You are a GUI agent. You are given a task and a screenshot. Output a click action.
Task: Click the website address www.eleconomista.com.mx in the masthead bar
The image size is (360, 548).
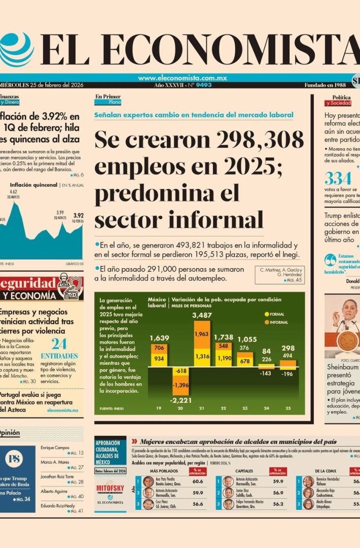(182, 78)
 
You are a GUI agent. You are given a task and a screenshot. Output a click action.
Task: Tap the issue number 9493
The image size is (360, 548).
(203, 85)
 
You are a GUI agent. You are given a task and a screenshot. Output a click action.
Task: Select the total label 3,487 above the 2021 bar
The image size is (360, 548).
(202, 316)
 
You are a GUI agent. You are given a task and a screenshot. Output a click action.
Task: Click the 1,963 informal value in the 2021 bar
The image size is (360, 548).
(201, 334)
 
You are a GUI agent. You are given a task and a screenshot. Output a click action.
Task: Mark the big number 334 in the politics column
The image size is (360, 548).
(338, 179)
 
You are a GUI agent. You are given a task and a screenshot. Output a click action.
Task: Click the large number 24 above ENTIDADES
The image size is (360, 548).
(59, 344)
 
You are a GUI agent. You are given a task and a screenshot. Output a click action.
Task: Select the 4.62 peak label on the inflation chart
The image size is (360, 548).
(14, 192)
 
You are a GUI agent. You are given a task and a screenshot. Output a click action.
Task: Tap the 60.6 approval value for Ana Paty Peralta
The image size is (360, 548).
(198, 482)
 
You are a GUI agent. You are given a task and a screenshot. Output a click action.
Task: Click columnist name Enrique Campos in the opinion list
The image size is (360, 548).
(54, 448)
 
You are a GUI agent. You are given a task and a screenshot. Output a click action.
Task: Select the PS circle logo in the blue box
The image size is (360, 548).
(14, 459)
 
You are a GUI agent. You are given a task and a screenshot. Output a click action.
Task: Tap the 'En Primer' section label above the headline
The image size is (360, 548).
(108, 96)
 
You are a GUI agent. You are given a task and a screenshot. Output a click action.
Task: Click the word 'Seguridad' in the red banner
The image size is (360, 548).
(28, 283)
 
